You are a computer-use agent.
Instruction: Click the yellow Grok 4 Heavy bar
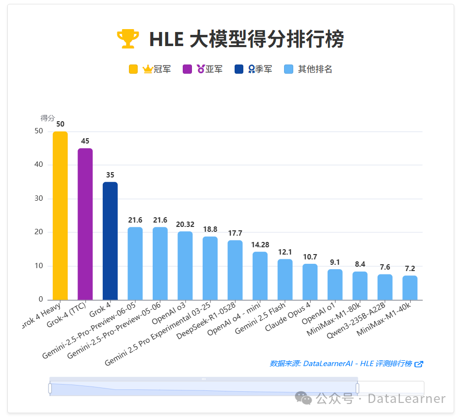point(60,216)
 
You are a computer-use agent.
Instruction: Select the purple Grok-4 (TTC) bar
point(85,224)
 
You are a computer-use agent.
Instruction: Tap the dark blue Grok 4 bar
point(110,241)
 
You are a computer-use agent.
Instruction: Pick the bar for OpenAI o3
point(185,266)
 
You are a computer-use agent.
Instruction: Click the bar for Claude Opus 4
point(310,282)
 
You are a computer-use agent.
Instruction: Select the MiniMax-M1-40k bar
point(410,288)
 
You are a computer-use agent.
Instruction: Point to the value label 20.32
point(185,225)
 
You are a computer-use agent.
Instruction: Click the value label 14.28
point(260,245)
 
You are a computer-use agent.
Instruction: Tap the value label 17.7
point(235,233)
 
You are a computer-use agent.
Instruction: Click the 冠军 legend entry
point(150,69)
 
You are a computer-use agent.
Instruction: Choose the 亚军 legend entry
point(203,69)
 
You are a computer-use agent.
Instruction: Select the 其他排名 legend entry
point(308,69)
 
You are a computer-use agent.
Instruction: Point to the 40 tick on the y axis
point(39,165)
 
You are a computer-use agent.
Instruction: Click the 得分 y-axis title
point(48,118)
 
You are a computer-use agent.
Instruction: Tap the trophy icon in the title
point(128,39)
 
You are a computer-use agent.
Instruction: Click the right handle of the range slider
point(357,388)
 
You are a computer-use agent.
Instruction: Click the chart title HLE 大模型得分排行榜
point(246,39)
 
